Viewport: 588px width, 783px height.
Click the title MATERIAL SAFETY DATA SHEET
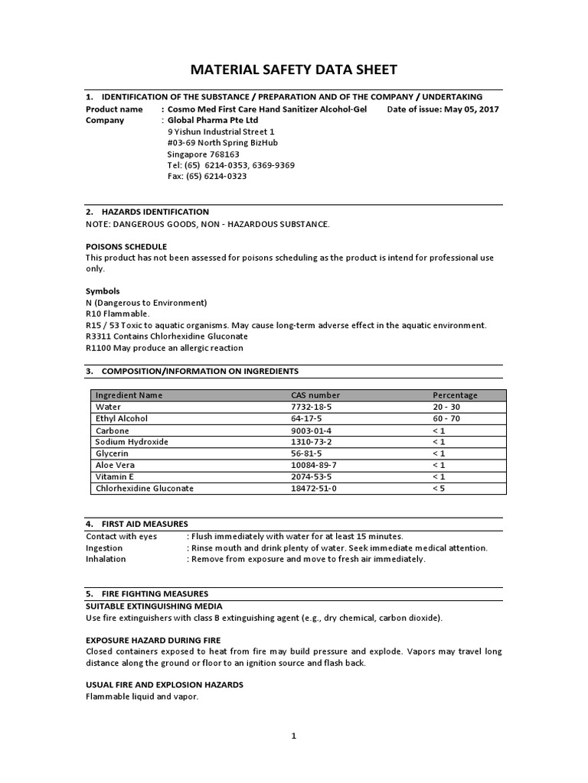tap(293, 70)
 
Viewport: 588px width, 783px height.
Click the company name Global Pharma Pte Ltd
tap(213, 121)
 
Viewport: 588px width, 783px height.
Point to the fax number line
tap(207, 176)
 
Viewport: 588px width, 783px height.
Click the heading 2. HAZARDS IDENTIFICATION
tap(147, 212)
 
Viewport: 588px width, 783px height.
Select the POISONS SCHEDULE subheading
tap(126, 247)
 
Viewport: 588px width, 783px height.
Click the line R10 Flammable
tap(118, 314)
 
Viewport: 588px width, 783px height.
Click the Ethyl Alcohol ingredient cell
tap(121, 419)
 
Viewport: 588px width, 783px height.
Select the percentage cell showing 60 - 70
tap(447, 419)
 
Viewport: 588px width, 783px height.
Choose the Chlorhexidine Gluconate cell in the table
tap(144, 488)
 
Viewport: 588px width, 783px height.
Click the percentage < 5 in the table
tap(438, 488)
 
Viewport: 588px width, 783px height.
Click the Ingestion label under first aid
tap(105, 547)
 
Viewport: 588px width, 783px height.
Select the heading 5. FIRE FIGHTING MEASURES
tap(146, 593)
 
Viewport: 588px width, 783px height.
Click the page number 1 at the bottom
tap(293, 736)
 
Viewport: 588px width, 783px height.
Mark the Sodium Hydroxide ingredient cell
tap(131, 442)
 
